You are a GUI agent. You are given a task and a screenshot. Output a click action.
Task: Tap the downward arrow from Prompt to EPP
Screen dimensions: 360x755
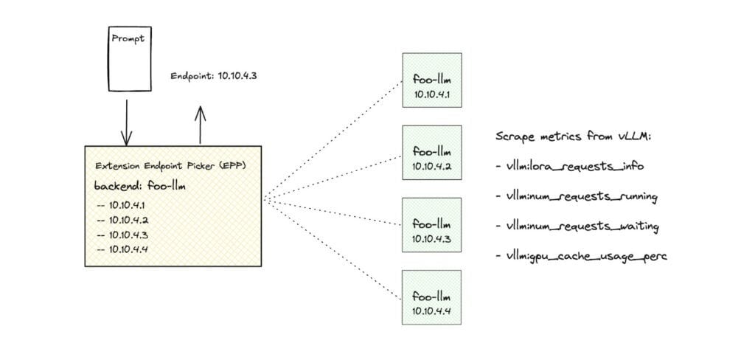point(127,122)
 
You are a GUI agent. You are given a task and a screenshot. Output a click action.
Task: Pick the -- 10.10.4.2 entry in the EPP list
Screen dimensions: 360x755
point(122,220)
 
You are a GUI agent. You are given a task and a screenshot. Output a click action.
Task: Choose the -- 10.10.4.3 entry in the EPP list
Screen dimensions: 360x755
point(122,235)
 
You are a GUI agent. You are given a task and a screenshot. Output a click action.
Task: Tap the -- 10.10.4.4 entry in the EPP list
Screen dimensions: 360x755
point(122,249)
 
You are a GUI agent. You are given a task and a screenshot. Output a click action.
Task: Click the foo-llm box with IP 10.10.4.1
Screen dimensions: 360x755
point(432,80)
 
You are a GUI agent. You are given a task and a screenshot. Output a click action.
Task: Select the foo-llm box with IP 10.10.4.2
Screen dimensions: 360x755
point(432,153)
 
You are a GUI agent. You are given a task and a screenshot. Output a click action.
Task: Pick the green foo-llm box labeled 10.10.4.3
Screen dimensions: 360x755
point(432,225)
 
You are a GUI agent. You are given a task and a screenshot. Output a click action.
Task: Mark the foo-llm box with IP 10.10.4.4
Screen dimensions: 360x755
point(432,297)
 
